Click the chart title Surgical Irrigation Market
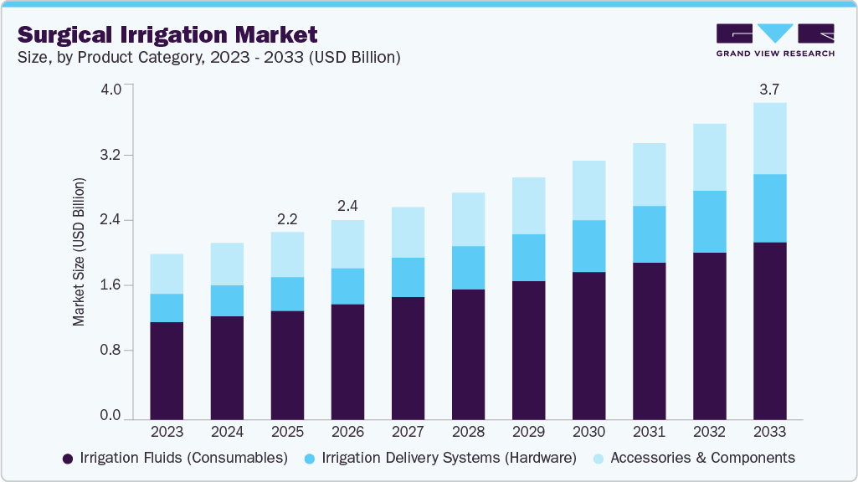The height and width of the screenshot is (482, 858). (167, 34)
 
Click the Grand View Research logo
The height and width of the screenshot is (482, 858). (775, 40)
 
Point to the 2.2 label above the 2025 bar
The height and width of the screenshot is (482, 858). (287, 218)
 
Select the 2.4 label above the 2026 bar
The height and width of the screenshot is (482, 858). (347, 206)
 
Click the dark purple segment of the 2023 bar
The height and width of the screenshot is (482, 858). (167, 370)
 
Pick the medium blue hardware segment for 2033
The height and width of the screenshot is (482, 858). (769, 208)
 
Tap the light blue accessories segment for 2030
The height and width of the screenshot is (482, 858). (588, 190)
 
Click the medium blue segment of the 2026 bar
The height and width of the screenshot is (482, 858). (347, 286)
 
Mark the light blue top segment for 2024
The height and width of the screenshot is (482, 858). (227, 264)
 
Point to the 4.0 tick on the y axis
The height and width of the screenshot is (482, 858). (111, 89)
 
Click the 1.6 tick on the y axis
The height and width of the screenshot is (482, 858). (111, 285)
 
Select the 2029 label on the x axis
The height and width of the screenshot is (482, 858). (528, 432)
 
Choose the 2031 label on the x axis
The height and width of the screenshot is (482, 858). (649, 432)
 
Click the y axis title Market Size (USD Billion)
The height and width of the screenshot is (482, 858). (79, 252)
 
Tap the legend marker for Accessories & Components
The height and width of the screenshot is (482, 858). (599, 459)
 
